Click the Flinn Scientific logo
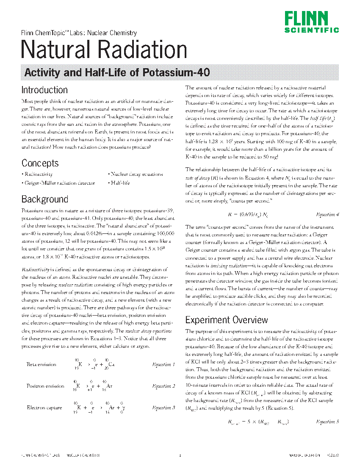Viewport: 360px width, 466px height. (311, 22)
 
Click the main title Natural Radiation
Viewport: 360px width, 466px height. (104, 50)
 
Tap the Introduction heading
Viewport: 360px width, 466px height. (44, 90)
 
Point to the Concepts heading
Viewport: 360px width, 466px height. (40, 163)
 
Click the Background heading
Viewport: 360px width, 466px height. (45, 199)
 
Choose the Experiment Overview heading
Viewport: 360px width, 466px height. (227, 320)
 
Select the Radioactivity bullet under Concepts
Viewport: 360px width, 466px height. (38, 174)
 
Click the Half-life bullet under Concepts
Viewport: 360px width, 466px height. (120, 183)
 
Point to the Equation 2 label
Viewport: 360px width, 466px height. (163, 386)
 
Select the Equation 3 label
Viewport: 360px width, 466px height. (163, 408)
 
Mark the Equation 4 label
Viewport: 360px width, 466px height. (327, 214)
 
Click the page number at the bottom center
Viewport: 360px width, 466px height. (180, 456)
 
